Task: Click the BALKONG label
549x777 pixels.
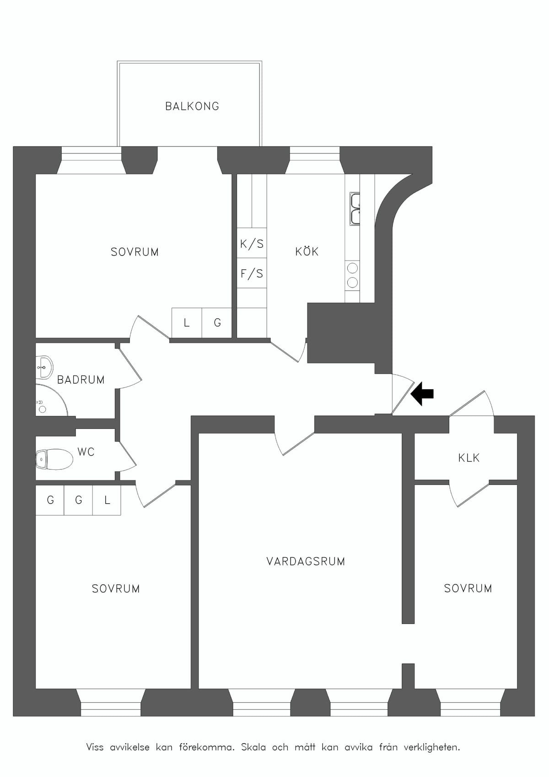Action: pyautogui.click(x=192, y=106)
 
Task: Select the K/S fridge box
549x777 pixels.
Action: pyautogui.click(x=252, y=243)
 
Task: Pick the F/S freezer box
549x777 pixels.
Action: pyautogui.click(x=252, y=273)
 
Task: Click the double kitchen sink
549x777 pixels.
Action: pyautogui.click(x=355, y=208)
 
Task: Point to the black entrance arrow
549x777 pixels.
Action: pyautogui.click(x=422, y=393)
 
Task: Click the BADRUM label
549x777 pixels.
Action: pyautogui.click(x=81, y=380)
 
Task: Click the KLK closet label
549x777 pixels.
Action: pyautogui.click(x=469, y=458)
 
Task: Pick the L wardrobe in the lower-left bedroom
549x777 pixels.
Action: pyautogui.click(x=107, y=500)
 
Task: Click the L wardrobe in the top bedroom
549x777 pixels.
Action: pyautogui.click(x=187, y=323)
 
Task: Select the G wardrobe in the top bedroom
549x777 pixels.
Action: pyautogui.click(x=217, y=323)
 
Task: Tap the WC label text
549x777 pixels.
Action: pyautogui.click(x=86, y=452)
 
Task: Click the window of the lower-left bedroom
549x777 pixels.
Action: pyautogui.click(x=111, y=702)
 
